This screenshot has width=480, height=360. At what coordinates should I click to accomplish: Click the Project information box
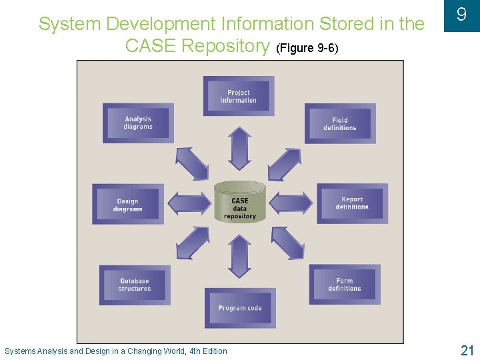(x=239, y=97)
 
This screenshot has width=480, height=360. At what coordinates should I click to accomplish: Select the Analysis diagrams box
(x=138, y=123)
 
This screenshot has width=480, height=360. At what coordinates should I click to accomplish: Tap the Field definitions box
(x=340, y=124)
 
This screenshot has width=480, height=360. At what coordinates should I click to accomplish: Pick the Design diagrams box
(x=127, y=205)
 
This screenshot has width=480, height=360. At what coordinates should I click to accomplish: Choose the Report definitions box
(x=352, y=203)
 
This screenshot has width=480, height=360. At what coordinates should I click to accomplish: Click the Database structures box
(x=135, y=285)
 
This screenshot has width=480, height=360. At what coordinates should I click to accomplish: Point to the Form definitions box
(x=345, y=285)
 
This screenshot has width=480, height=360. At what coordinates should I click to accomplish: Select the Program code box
(x=239, y=308)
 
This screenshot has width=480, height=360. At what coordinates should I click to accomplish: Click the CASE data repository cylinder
(x=240, y=201)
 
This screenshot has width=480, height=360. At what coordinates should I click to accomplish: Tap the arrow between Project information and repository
(x=239, y=149)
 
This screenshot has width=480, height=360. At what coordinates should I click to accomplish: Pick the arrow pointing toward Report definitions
(x=291, y=203)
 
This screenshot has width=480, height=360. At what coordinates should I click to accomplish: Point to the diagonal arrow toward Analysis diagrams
(x=192, y=163)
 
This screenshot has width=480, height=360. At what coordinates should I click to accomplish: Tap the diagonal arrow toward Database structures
(x=193, y=243)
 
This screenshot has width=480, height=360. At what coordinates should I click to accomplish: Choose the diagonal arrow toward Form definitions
(x=288, y=243)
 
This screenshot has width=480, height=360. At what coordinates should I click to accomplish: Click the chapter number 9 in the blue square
(x=461, y=14)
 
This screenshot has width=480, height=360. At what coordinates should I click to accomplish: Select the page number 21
(x=467, y=350)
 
